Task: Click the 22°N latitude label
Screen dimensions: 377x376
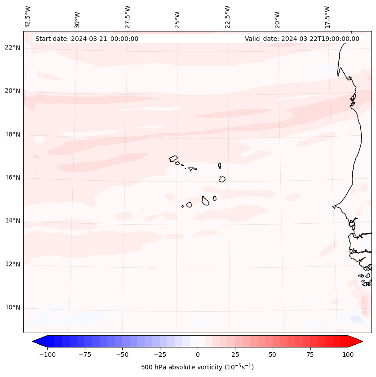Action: (13, 48)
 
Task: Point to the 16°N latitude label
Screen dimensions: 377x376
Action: (13, 178)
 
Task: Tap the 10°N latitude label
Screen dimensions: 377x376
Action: (13, 308)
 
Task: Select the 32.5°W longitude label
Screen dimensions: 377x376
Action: (28, 17)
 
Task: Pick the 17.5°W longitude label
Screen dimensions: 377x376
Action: (327, 17)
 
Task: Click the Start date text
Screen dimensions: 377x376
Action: (87, 39)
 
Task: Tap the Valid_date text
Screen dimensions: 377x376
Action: (302, 39)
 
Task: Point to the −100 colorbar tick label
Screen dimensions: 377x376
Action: (47, 355)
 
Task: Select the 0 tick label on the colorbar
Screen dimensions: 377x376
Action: (198, 355)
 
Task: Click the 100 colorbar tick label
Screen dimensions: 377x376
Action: (348, 355)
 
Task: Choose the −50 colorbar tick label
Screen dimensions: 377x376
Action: (122, 355)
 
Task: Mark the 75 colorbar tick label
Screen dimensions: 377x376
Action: (310, 355)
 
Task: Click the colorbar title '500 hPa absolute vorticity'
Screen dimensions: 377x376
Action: (197, 367)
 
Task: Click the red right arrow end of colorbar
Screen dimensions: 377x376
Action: (356, 342)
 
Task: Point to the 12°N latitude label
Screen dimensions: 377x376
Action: (13, 265)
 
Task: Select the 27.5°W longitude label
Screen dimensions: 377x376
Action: (128, 17)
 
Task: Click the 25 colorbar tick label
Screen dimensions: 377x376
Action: (235, 355)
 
